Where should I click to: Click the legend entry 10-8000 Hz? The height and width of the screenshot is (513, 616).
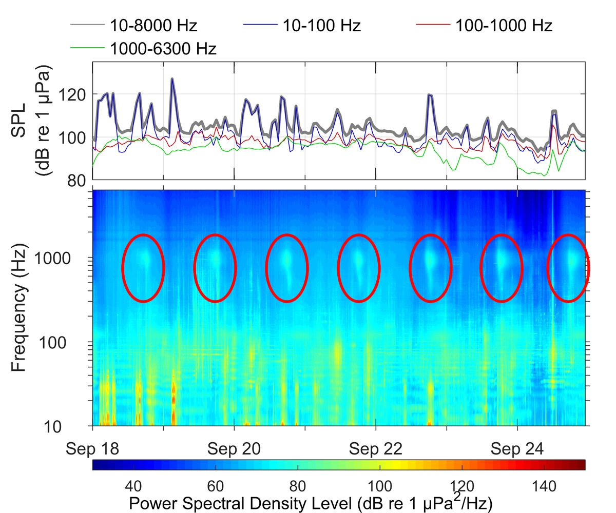point(152,25)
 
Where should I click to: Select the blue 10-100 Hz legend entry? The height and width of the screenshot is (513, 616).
point(322,25)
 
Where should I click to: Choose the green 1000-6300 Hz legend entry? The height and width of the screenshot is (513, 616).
point(162,48)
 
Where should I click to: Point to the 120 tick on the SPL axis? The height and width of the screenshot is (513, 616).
point(75,94)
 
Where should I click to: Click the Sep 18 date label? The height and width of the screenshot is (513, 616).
point(93,449)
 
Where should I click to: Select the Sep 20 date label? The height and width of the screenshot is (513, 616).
point(234,449)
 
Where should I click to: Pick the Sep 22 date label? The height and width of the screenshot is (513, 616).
point(376,449)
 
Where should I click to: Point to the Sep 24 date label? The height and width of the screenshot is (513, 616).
point(517,449)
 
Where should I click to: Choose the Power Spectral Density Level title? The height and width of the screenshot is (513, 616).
point(311,503)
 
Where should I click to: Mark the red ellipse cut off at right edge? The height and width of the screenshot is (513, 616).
point(568,268)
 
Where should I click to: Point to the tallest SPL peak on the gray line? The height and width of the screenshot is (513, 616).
point(172,78)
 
